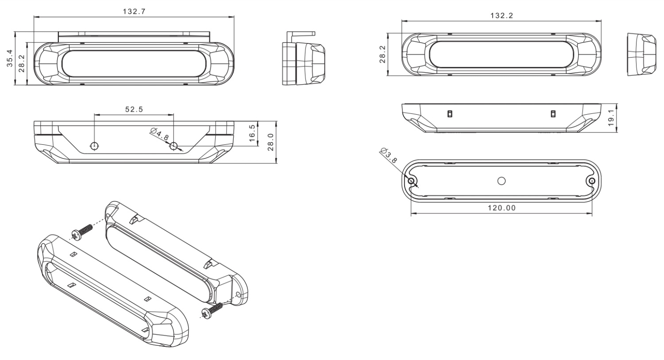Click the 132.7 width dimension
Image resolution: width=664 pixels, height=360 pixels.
(x=134, y=12)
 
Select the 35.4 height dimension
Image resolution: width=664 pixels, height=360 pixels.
(x=9, y=58)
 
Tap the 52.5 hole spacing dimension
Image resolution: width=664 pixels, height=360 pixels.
(x=134, y=109)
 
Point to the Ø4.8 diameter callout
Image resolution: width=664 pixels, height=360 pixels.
(x=160, y=134)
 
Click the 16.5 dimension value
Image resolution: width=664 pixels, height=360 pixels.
(x=252, y=133)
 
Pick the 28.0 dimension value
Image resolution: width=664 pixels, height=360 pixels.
(x=270, y=142)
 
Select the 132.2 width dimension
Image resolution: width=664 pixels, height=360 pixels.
(x=502, y=15)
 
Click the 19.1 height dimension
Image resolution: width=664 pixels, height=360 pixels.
(x=611, y=118)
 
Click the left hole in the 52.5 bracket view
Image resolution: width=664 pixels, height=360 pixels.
(x=94, y=146)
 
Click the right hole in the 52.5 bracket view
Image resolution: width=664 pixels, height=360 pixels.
(x=174, y=146)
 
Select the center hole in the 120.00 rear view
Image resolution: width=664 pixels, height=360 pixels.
(x=502, y=181)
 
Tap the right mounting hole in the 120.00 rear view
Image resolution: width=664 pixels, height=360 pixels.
(x=591, y=181)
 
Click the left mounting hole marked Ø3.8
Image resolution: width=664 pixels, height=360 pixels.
(x=412, y=181)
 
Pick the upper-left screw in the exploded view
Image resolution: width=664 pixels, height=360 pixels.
(x=82, y=232)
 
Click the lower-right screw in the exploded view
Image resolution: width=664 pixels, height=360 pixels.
(x=212, y=310)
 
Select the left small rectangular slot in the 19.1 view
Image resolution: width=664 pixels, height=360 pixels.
(x=450, y=114)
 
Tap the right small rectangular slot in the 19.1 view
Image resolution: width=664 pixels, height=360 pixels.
(x=552, y=114)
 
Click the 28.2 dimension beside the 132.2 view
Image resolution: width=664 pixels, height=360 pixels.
(x=382, y=54)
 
